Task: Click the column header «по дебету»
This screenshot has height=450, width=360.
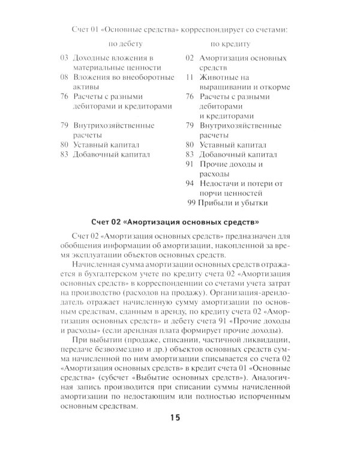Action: pos(125,44)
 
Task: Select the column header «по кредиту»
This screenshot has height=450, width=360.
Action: pos(231,44)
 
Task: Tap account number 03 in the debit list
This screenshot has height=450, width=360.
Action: pos(65,58)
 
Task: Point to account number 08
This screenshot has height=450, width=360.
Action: pos(65,77)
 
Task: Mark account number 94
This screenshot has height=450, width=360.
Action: pos(190,183)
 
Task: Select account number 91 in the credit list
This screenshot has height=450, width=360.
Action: pos(190,164)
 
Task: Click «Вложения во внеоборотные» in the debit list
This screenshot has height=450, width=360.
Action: pos(124,77)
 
